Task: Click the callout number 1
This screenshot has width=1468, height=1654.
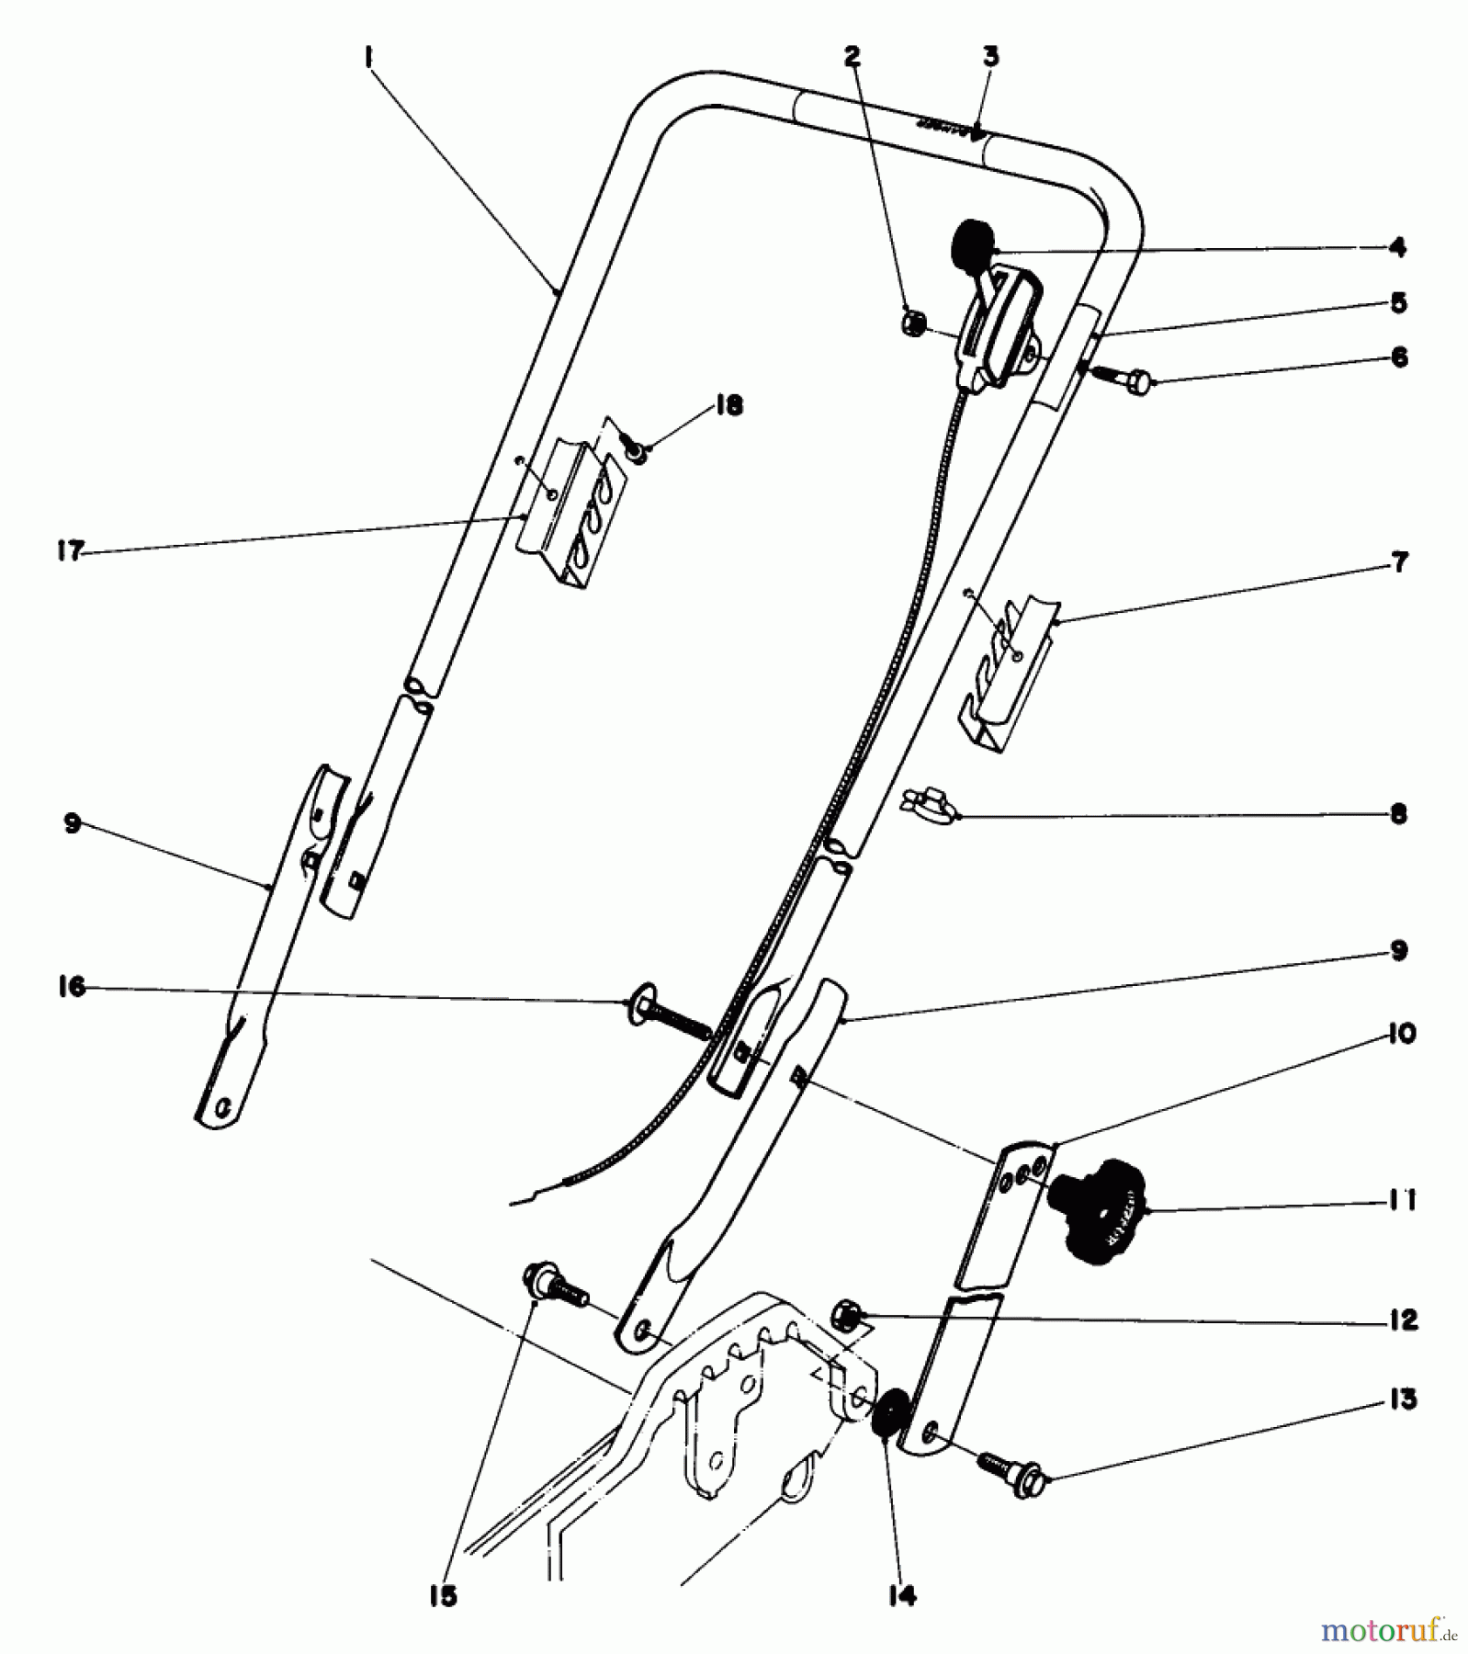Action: (x=367, y=58)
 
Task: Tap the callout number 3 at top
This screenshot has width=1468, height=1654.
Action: (x=990, y=57)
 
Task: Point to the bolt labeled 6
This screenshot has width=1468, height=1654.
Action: (x=1123, y=374)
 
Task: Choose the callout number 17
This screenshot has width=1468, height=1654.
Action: (x=71, y=552)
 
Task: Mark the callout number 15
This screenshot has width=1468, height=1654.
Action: (x=443, y=1597)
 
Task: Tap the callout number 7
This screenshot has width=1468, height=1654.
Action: (x=1398, y=562)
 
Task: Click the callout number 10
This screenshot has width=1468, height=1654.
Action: (x=1399, y=1034)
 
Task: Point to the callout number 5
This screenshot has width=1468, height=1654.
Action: (x=1398, y=302)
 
